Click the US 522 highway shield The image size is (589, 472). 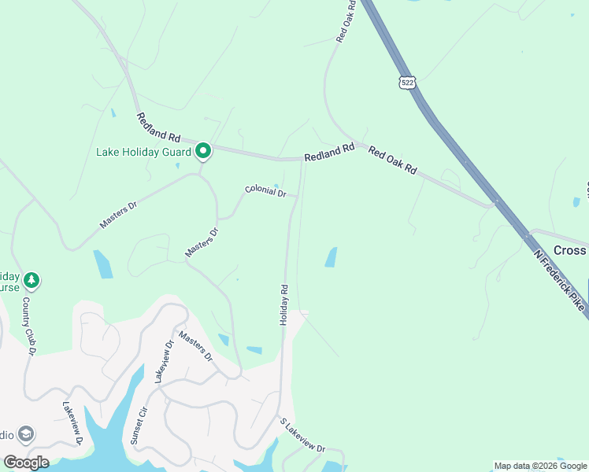407,83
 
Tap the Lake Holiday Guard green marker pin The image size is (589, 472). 203,149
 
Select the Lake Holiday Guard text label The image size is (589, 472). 144,152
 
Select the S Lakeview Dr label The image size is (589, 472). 302,435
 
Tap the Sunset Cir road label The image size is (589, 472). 139,425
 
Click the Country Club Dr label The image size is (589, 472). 30,325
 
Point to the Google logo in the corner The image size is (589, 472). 26,462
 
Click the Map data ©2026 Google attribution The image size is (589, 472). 541,466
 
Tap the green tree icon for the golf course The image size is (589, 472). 31,279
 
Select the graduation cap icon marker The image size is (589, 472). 26,434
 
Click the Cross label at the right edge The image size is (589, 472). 570,250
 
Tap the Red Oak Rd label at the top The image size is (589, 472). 346,20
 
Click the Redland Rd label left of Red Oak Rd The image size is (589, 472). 329,153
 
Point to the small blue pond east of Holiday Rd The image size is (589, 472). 331,257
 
